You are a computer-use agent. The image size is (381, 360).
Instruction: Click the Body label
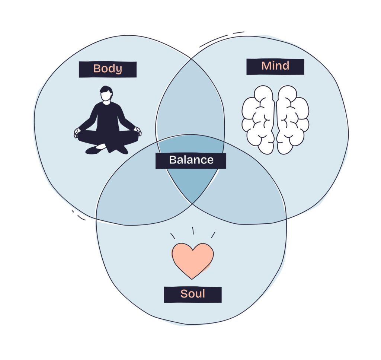(x=108, y=69)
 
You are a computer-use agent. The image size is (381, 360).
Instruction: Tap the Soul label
(x=193, y=294)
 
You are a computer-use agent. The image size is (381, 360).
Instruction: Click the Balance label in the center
(x=191, y=160)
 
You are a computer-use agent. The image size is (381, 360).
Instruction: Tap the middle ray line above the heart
(x=193, y=231)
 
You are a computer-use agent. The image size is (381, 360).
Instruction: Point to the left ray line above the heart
(x=173, y=236)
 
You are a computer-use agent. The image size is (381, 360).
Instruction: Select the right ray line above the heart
(x=213, y=235)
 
